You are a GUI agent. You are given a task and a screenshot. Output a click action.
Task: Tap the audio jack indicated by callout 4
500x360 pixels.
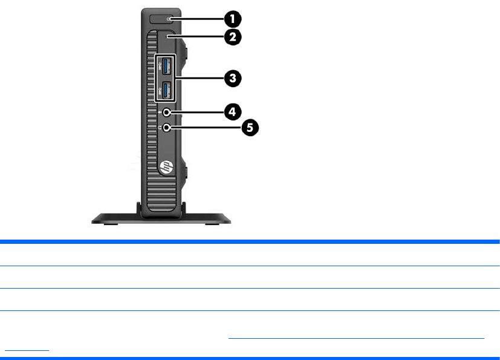(166, 113)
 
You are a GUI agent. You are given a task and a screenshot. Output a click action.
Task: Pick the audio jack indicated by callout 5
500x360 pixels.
(166, 128)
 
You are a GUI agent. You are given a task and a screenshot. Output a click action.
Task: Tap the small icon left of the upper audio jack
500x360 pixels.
(158, 113)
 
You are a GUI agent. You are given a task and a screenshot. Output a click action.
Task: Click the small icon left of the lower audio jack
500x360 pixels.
(158, 128)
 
